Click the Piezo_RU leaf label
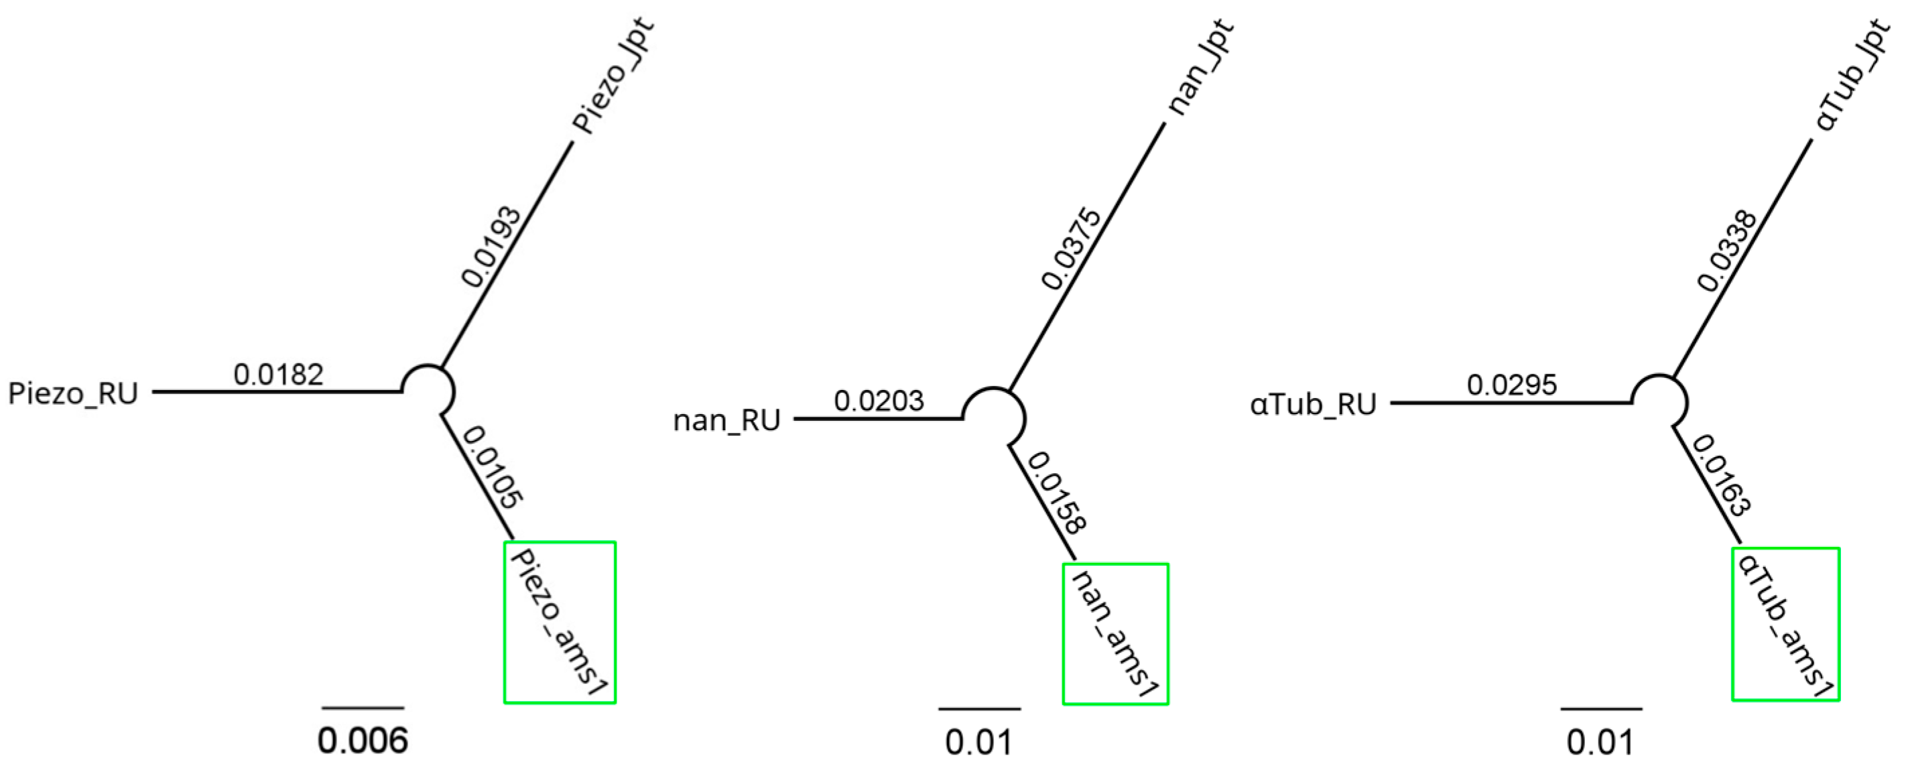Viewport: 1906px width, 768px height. [x=72, y=393]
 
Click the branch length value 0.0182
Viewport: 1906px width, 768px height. [x=278, y=375]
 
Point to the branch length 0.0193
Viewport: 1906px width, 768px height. [x=491, y=247]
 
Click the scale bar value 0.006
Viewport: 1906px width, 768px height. [x=363, y=741]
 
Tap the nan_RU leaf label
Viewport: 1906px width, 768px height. [x=726, y=420]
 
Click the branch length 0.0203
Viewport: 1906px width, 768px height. [x=879, y=401]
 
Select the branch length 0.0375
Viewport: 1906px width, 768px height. [x=1072, y=250]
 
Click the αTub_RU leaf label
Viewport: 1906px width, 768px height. [x=1314, y=405]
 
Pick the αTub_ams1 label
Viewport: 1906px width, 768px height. [x=1785, y=625]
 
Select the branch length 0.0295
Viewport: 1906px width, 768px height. [x=1512, y=385]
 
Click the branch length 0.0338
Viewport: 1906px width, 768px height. [x=1726, y=251]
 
